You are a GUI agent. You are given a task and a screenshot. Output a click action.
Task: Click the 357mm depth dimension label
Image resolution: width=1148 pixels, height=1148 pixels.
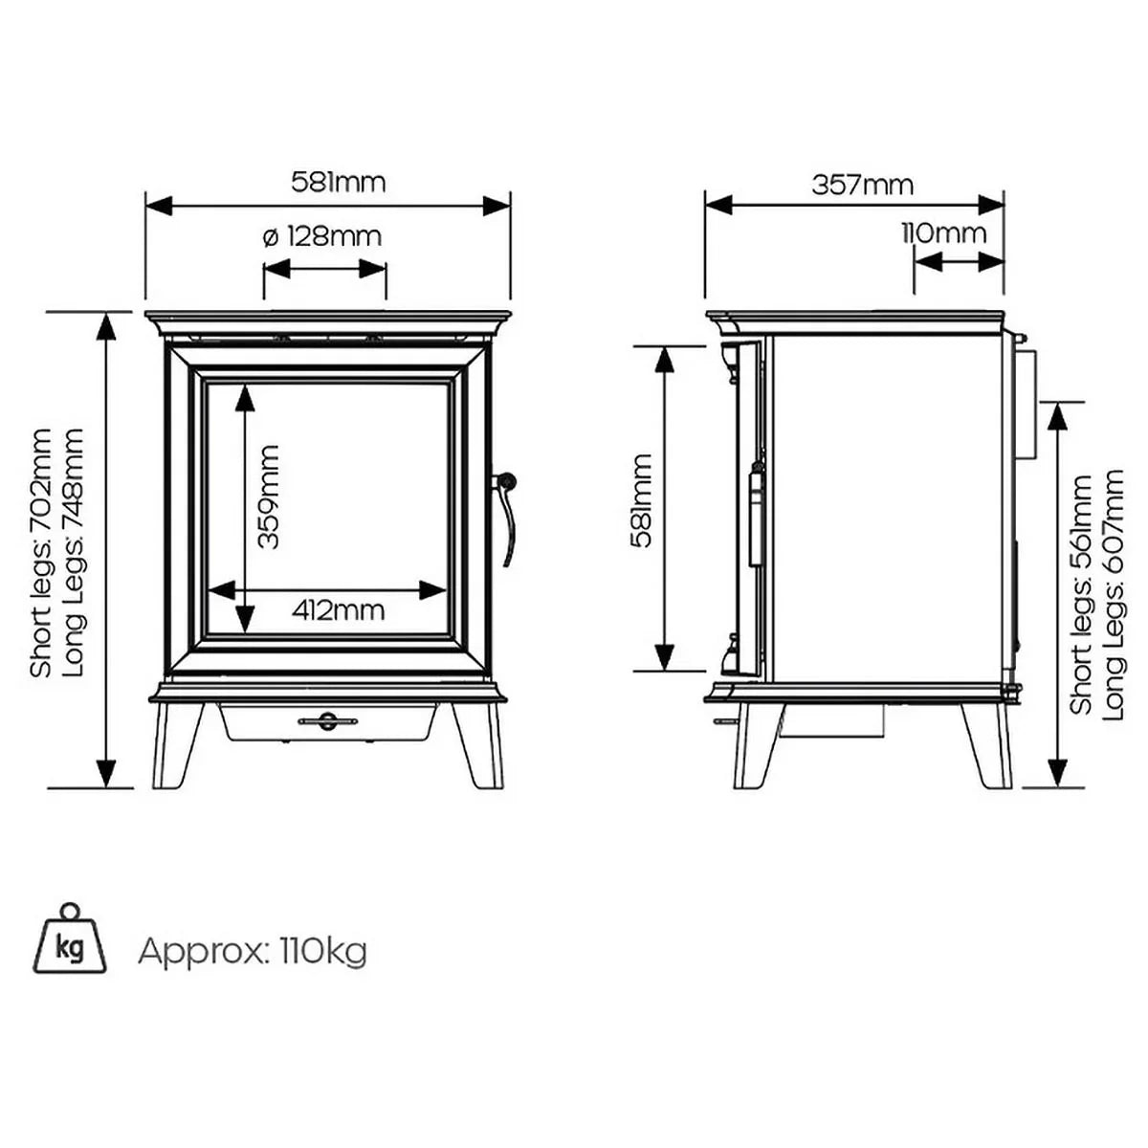[862, 184]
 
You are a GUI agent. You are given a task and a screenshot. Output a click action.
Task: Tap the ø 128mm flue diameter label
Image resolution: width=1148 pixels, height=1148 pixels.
[322, 235]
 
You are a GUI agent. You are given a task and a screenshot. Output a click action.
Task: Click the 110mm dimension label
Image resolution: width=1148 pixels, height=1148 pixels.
[943, 232]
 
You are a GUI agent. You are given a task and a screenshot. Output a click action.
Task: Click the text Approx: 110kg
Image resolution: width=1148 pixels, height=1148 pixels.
[253, 952]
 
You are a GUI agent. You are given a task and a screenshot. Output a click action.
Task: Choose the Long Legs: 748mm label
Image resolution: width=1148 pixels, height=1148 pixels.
[74, 553]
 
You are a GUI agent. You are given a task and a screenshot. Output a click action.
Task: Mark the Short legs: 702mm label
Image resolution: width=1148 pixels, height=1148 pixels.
[41, 553]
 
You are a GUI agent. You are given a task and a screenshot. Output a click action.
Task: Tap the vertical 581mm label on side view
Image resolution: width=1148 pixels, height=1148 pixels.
[642, 499]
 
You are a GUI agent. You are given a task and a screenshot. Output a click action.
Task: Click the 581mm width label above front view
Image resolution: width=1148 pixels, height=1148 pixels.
[338, 182]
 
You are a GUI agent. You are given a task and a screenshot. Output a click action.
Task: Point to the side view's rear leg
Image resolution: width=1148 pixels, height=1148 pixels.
[987, 746]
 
